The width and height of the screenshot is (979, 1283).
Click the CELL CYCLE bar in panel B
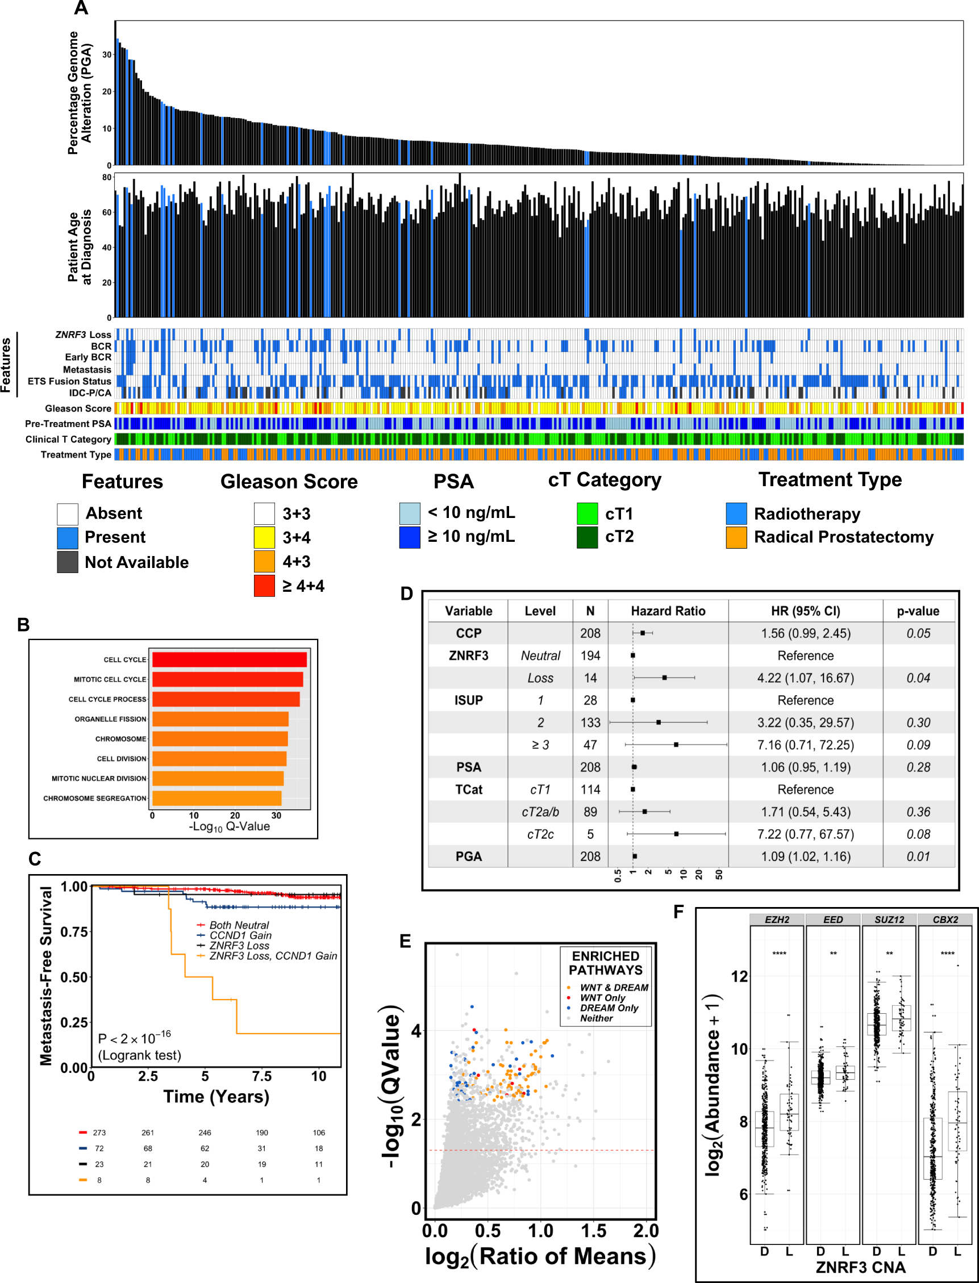tap(229, 659)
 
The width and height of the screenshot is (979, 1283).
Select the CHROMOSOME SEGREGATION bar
tap(217, 798)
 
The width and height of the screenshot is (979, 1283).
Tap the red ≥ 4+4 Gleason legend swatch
tap(264, 586)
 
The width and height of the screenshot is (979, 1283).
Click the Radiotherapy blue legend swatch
tap(736, 513)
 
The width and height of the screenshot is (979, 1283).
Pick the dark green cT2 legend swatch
tap(587, 537)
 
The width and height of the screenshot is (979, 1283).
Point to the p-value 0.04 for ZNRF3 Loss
tap(918, 678)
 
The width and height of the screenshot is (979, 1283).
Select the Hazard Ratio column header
tap(668, 611)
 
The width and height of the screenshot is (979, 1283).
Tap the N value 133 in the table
tap(590, 723)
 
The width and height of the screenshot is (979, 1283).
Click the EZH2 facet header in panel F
tap(777, 920)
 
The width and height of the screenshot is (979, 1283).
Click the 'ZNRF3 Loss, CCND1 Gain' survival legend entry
tap(273, 956)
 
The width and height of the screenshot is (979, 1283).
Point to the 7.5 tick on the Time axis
tap(261, 1076)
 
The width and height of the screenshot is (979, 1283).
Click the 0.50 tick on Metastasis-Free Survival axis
tap(74, 977)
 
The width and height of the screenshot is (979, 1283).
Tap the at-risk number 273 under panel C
tap(99, 1132)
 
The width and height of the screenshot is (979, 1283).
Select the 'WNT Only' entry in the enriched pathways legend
tap(602, 998)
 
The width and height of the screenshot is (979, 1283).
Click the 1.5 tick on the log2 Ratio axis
tap(593, 1231)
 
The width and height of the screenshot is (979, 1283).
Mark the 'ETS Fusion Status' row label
tap(69, 381)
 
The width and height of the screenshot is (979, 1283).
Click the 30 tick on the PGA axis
tap(107, 54)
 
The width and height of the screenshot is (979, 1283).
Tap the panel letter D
tap(406, 594)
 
